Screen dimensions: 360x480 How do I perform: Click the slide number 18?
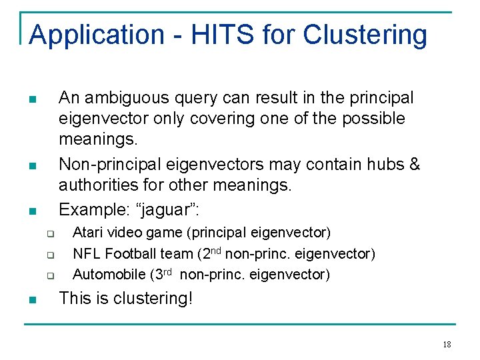pyautogui.click(x=447, y=344)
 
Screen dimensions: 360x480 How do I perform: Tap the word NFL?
pyautogui.click(x=87, y=253)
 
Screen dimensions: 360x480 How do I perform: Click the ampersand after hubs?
pyautogui.click(x=414, y=164)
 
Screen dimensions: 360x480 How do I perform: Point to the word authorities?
pyautogui.click(x=100, y=185)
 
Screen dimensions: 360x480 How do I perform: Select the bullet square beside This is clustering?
pyautogui.click(x=32, y=300)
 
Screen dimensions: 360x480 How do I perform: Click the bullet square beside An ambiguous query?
pyautogui.click(x=32, y=100)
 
